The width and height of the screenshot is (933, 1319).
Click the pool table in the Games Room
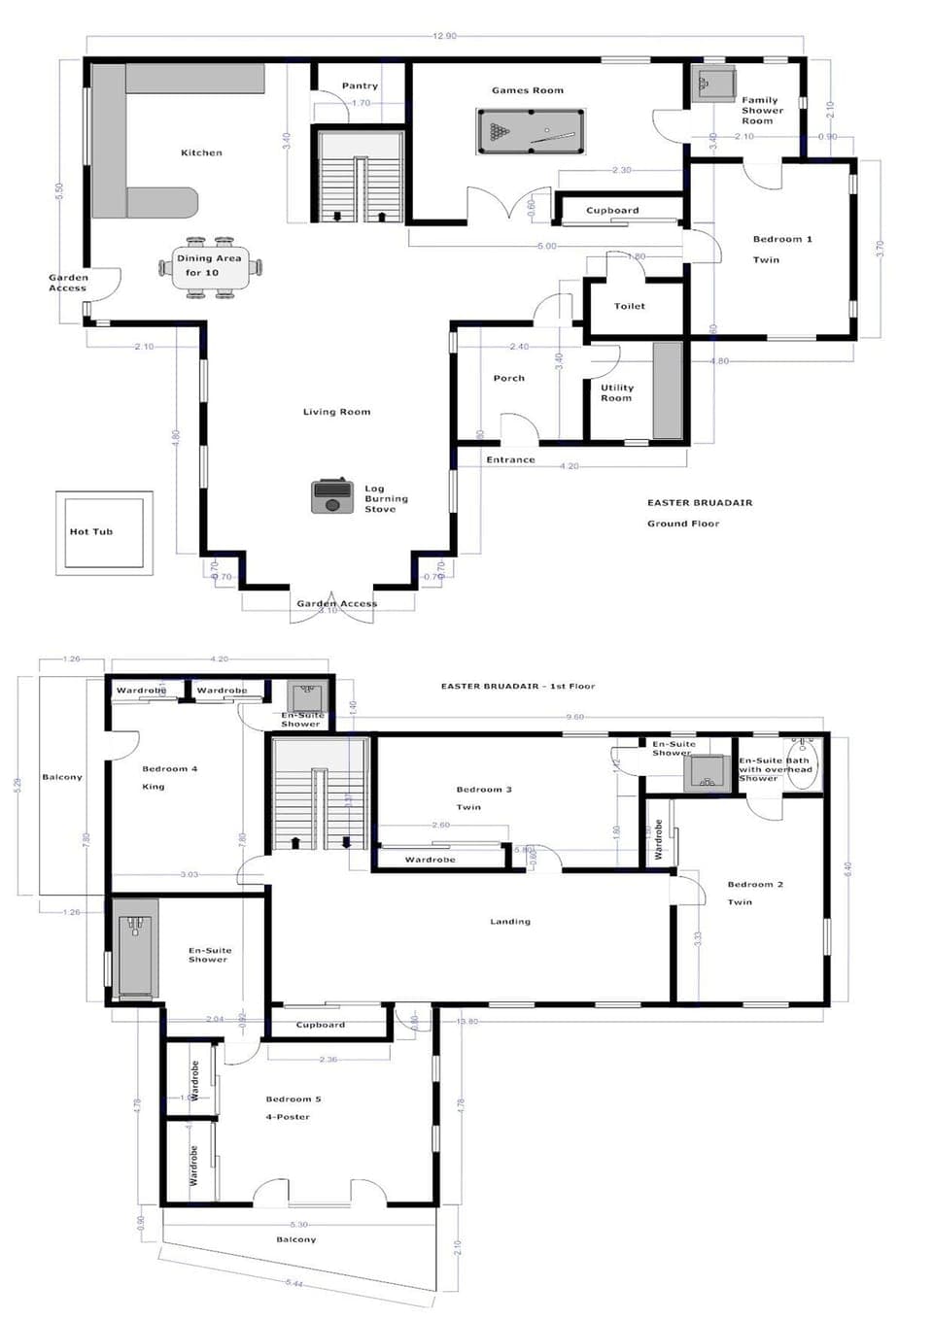531,131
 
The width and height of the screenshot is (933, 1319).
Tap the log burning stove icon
331,496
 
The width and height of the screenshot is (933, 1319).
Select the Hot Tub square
104,532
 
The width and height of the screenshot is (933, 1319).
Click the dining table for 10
211,266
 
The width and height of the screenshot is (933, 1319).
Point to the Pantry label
360,85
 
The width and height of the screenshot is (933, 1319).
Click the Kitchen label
201,152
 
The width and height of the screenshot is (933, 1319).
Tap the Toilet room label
630,306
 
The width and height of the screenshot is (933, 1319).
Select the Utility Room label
616,392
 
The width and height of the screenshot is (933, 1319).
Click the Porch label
508,378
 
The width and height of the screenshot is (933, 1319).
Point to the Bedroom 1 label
782,239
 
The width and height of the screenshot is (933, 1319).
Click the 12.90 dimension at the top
444,36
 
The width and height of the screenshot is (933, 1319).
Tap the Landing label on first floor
510,922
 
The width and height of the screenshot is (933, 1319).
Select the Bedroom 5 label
294,1099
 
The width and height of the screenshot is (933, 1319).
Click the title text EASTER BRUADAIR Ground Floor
700,513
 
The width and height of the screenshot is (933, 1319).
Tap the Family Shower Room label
761,110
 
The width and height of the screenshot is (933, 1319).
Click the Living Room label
336,412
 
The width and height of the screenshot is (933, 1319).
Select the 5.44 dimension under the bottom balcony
294,1283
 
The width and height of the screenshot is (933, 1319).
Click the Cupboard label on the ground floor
612,210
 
